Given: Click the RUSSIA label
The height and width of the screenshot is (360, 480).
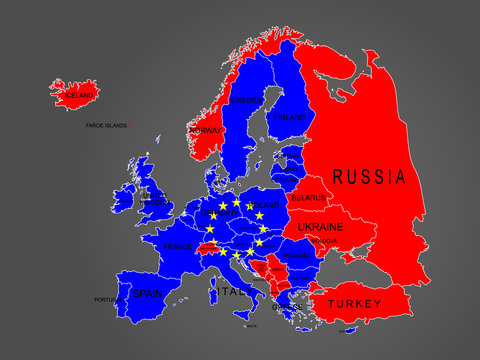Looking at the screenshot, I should (x=369, y=178).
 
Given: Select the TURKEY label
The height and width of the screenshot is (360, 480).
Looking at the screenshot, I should (x=354, y=302).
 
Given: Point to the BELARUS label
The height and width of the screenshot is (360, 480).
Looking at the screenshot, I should (x=308, y=199).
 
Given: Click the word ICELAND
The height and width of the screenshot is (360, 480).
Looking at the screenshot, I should (x=80, y=96).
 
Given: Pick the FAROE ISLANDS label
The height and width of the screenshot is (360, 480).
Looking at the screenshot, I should (x=107, y=126).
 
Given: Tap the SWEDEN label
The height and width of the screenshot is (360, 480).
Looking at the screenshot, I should (x=245, y=101).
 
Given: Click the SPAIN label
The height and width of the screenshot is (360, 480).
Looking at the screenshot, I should (x=147, y=294).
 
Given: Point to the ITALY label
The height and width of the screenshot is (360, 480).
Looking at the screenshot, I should (x=233, y=292).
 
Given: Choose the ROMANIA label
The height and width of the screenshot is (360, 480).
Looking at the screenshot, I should (x=297, y=256).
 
